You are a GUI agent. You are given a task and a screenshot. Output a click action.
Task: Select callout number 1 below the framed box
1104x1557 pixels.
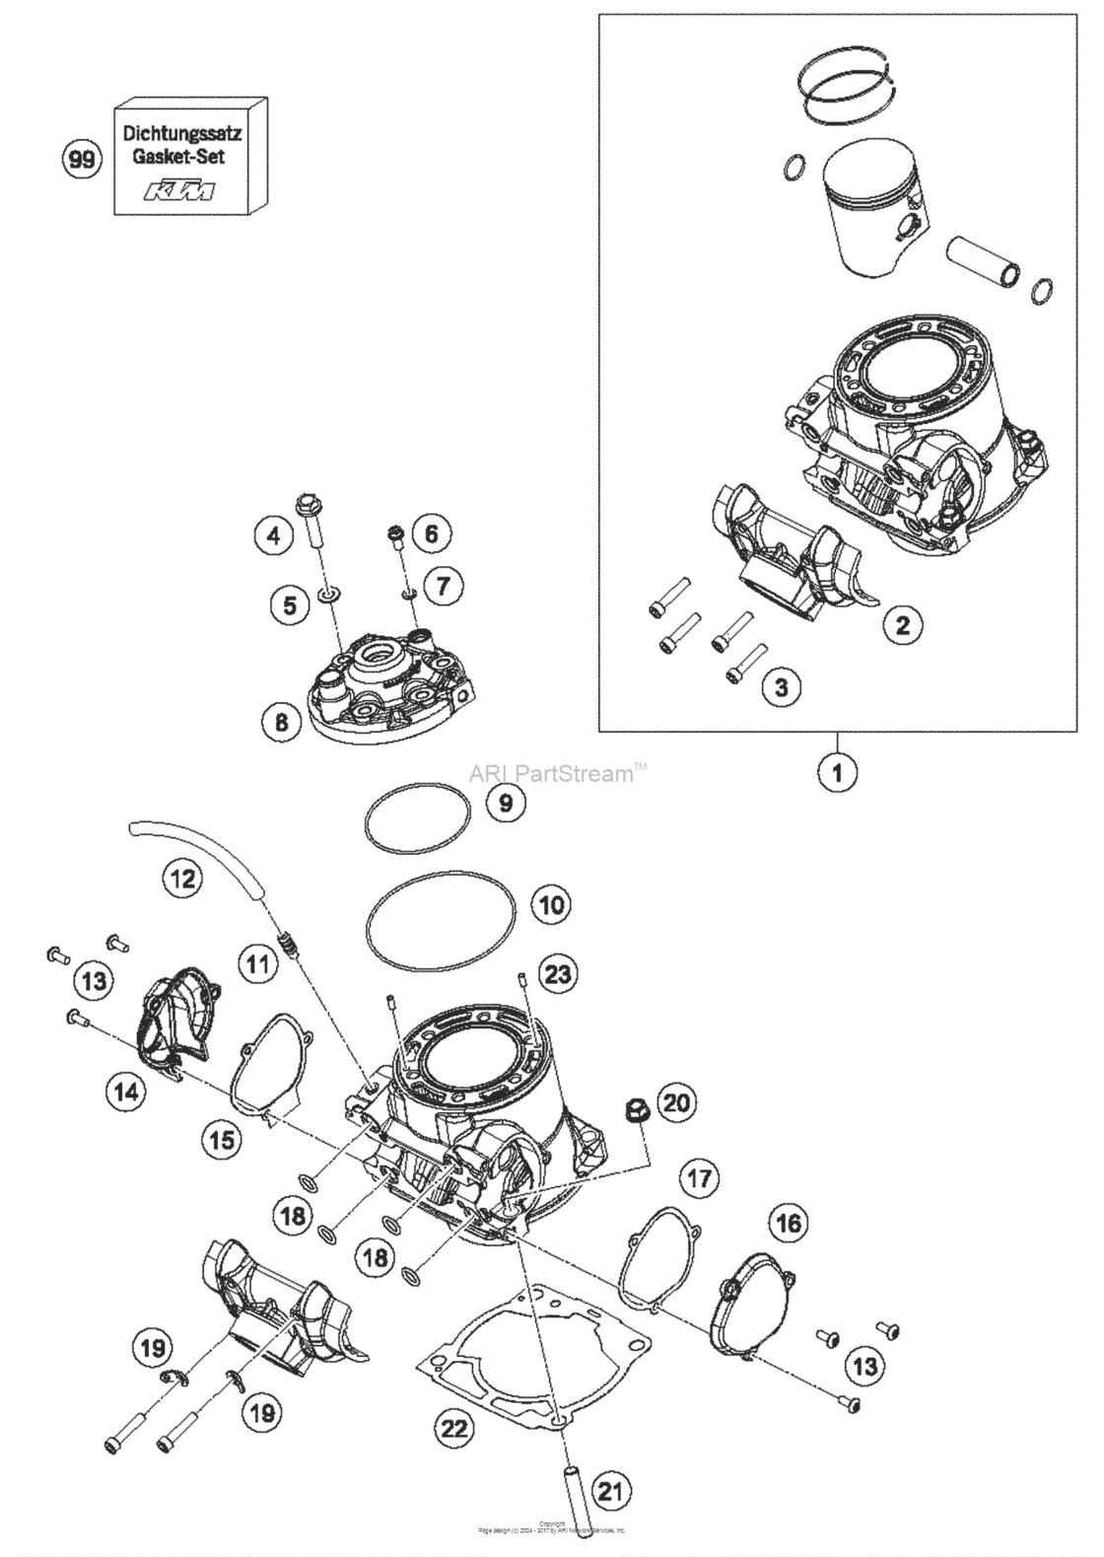tap(837, 772)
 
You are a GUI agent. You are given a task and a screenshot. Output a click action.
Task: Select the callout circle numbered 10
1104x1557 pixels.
tap(550, 903)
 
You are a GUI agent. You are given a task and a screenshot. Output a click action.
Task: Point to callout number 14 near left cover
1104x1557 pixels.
tap(129, 1092)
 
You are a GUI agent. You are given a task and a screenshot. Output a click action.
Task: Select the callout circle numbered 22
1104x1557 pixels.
tap(457, 1427)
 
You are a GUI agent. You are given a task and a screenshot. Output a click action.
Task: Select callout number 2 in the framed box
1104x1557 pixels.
tap(904, 623)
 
